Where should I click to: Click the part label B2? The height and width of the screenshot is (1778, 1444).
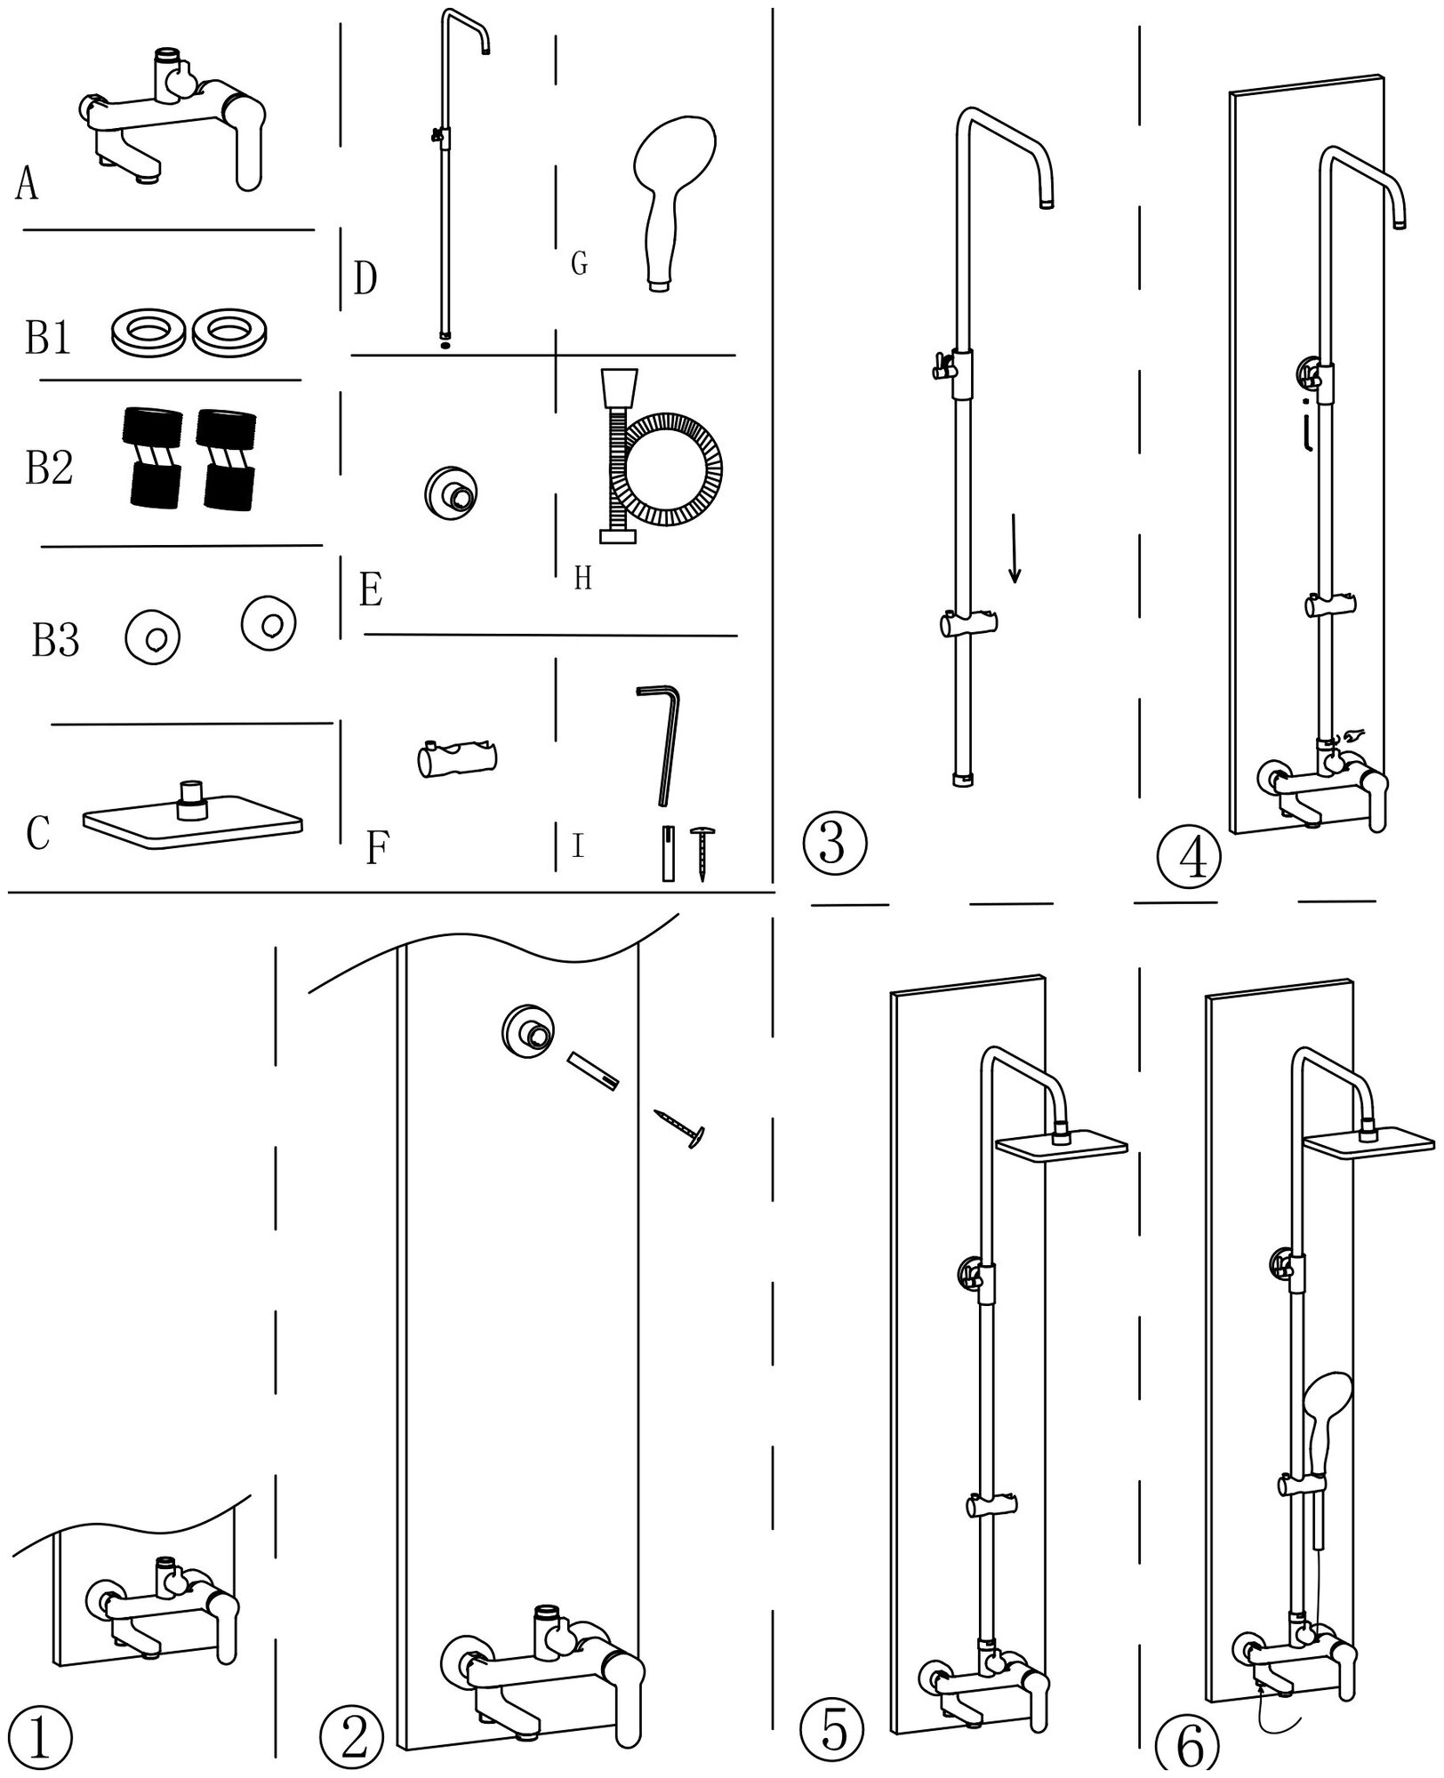[49, 468]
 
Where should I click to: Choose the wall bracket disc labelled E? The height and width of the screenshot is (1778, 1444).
[453, 490]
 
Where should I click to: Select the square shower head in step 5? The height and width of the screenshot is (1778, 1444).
[1063, 1149]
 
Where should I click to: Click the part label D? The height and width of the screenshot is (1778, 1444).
[365, 278]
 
